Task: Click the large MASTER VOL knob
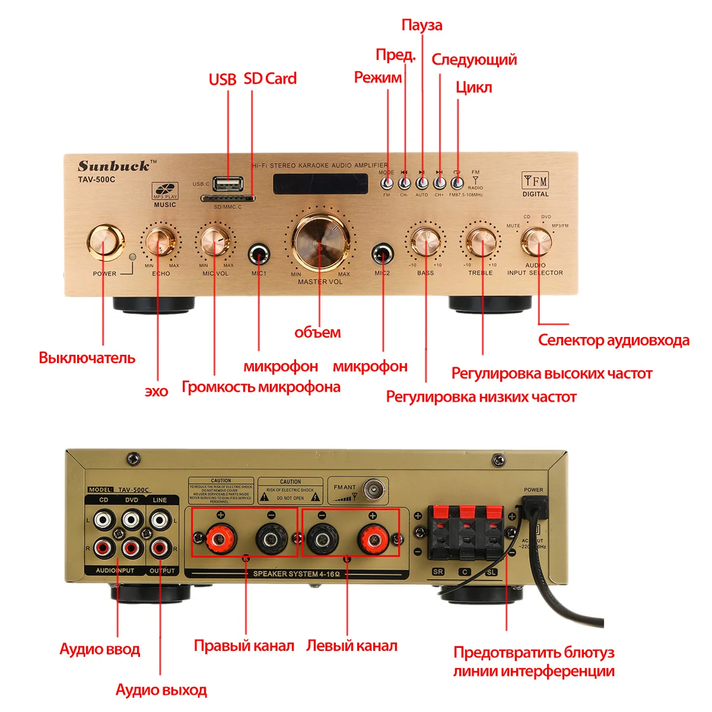click(320, 242)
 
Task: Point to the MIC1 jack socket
click(259, 255)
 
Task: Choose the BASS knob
click(425, 240)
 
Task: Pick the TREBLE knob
click(481, 240)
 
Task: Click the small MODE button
click(387, 183)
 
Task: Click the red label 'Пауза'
click(422, 25)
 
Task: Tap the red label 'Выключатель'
click(87, 358)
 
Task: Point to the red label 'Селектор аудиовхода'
click(614, 341)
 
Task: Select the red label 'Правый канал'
click(244, 646)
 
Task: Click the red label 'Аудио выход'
click(161, 690)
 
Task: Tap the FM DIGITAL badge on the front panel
click(535, 184)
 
